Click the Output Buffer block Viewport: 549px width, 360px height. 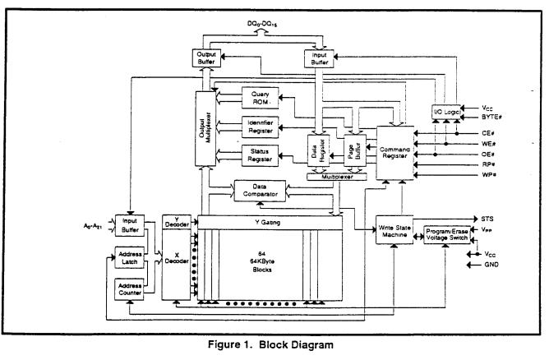tap(205, 58)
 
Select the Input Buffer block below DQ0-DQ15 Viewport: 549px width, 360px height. tap(319, 58)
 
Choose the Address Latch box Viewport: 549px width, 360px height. tap(129, 258)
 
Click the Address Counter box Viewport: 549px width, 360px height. tap(129, 288)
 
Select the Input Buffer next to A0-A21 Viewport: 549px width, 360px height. tap(129, 225)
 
